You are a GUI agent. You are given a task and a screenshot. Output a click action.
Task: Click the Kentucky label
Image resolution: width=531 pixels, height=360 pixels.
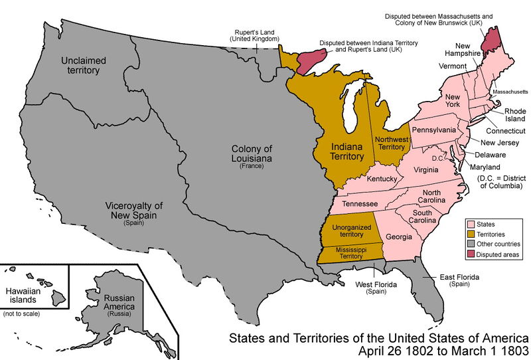pyautogui.click(x=382, y=179)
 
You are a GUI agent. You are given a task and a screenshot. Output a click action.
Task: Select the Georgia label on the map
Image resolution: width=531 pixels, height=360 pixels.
pyautogui.click(x=400, y=237)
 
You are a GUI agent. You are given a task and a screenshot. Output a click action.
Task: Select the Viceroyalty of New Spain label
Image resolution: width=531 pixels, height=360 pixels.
pyautogui.click(x=133, y=211)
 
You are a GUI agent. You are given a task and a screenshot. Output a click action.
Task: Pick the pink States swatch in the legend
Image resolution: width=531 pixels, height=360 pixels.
pyautogui.click(x=471, y=225)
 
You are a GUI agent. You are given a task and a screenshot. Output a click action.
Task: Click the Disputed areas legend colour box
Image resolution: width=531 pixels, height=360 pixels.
pyautogui.click(x=471, y=254)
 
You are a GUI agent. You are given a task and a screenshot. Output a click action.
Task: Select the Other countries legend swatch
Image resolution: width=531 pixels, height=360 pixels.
pyautogui.click(x=471, y=244)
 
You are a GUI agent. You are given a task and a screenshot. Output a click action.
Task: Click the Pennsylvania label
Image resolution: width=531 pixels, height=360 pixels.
pyautogui.click(x=434, y=129)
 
